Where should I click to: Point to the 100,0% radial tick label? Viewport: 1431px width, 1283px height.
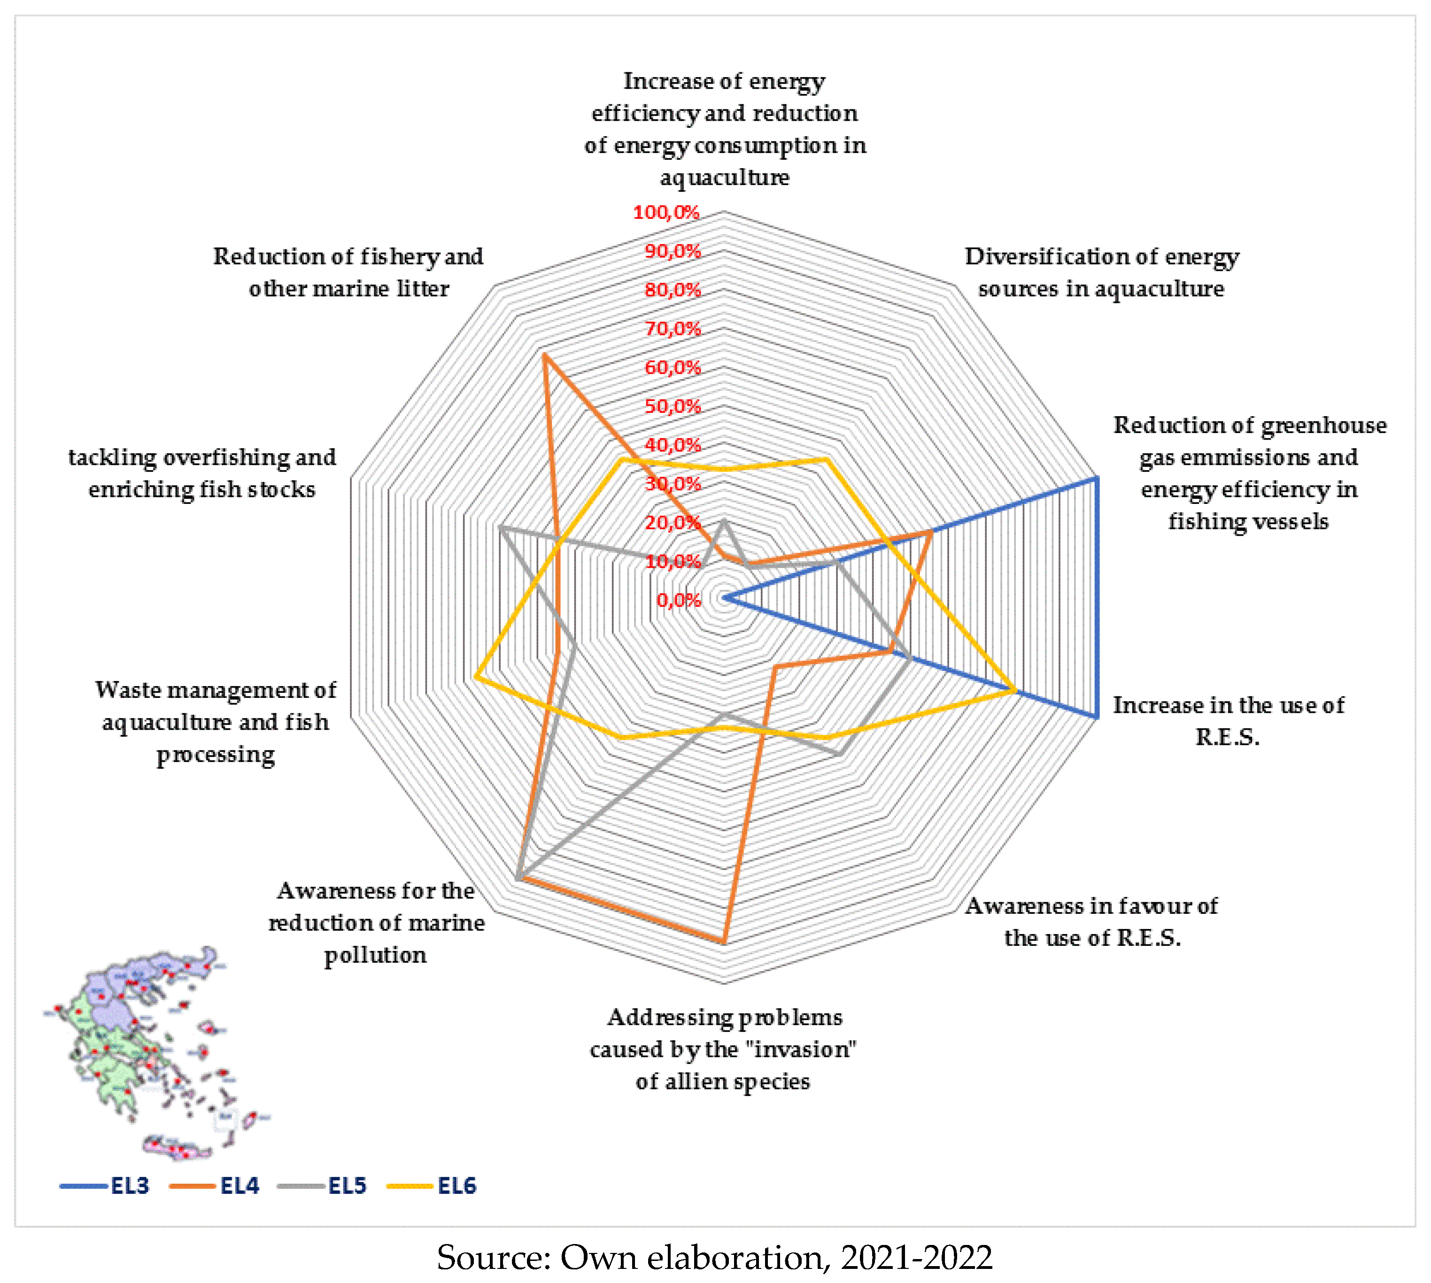[665, 212]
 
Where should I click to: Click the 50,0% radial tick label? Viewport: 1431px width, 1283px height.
[673, 406]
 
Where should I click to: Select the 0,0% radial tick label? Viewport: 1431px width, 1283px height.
[678, 600]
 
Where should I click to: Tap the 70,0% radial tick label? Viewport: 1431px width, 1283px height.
[673, 329]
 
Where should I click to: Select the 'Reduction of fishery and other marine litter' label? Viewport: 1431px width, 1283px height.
[348, 272]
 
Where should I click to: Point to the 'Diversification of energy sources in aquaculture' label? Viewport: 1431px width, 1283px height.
[1101, 272]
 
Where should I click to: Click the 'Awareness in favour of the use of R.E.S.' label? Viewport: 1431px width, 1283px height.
[1091, 921]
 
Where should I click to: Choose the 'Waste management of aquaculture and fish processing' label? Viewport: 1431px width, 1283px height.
[216, 721]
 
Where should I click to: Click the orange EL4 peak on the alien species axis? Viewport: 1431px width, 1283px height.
[724, 941]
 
